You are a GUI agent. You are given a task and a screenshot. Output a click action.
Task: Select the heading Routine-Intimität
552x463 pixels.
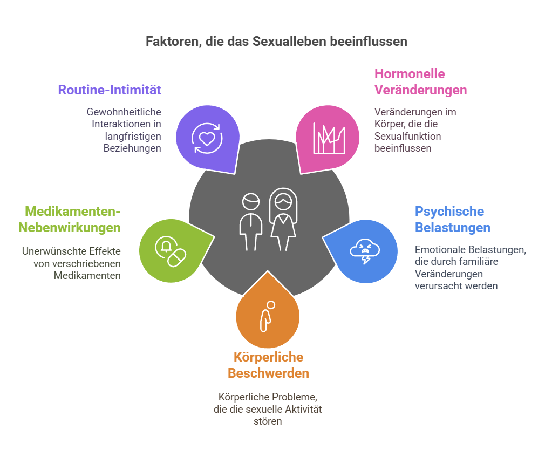coord(110,90)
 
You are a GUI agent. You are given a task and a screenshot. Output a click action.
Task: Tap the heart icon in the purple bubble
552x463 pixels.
coord(207,138)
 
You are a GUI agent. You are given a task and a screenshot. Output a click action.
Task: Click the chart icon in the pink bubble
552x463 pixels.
coord(329,138)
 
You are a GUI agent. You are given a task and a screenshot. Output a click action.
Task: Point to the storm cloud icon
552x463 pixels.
coord(365,251)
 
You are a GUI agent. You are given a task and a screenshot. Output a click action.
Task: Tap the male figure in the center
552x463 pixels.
coord(251,222)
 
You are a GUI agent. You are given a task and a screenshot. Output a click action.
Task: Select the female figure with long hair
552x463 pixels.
coord(283,219)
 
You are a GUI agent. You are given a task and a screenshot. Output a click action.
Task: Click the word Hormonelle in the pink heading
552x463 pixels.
coord(410,74)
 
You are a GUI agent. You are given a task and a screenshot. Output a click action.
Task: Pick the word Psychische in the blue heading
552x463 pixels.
coord(449,211)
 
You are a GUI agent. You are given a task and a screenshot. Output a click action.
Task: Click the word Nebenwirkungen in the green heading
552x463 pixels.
coord(70,227)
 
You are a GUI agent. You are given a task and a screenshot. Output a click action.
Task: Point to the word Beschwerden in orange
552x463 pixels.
coord(268,373)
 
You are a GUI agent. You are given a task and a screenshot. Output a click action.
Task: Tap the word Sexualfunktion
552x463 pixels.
coord(408,137)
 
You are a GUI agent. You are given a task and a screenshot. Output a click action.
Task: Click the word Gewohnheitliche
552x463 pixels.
coord(124,112)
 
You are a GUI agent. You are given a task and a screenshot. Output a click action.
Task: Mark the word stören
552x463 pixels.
coord(268,421)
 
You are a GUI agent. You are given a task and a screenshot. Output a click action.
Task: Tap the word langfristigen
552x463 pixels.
coord(133,137)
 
